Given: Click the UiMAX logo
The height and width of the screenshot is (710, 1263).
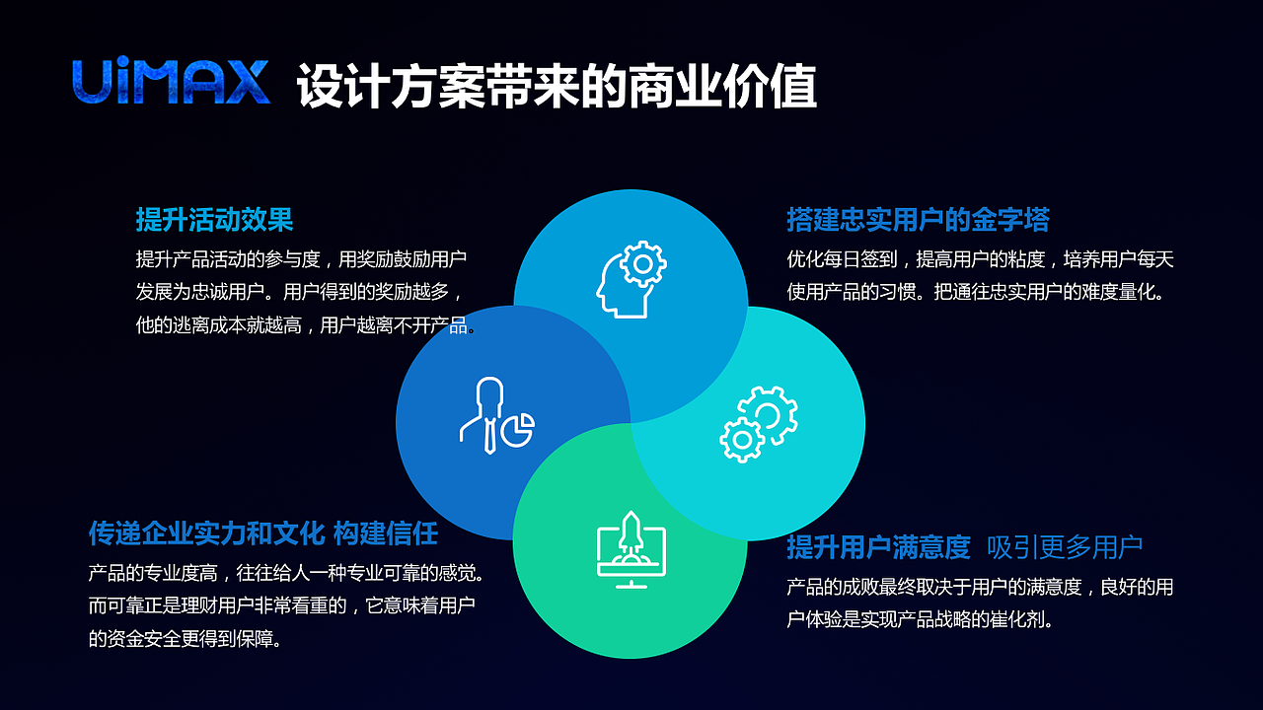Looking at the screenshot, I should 171,83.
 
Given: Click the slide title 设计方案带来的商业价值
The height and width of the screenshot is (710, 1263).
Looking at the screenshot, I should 557,87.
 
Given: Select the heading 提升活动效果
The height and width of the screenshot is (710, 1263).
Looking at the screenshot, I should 214,219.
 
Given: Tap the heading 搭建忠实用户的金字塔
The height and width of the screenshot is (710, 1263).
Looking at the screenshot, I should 918,219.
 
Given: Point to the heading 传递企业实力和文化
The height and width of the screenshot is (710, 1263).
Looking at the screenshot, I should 206,533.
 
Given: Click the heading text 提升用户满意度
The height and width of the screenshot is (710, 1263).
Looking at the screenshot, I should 878,547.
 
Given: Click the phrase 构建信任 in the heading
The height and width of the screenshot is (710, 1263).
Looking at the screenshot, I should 386,533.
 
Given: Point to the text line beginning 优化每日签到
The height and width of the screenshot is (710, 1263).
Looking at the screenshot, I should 979,260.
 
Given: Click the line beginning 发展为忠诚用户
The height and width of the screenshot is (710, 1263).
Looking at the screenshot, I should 297,293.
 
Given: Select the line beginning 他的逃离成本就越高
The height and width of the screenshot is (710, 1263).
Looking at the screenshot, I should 306,325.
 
